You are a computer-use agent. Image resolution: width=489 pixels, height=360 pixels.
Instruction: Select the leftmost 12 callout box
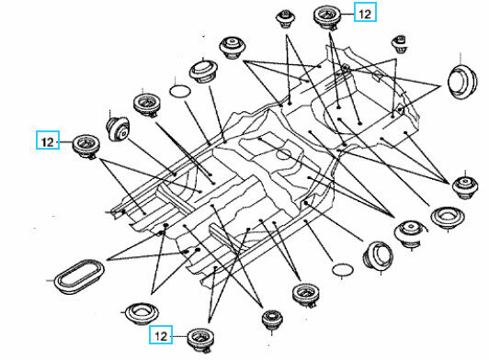click(x=48, y=140)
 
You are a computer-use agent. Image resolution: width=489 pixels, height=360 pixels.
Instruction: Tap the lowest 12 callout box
click(x=161, y=334)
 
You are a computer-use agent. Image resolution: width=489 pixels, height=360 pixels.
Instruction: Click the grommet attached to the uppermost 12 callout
click(x=327, y=17)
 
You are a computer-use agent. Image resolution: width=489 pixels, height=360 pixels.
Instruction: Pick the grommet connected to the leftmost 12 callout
click(x=86, y=147)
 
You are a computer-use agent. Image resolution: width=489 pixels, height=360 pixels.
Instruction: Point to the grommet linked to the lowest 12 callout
click(x=200, y=340)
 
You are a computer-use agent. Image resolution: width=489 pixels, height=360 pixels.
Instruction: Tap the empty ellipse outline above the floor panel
click(x=180, y=91)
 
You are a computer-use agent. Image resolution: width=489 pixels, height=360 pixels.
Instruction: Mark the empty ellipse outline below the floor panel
click(x=342, y=270)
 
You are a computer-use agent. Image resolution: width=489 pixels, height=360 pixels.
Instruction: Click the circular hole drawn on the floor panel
click(x=283, y=154)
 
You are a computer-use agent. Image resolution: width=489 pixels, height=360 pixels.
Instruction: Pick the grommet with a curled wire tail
click(x=409, y=233)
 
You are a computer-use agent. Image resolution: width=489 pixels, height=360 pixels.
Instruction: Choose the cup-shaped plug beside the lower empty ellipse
click(x=378, y=255)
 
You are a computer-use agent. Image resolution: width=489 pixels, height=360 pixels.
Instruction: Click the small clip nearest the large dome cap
click(x=400, y=45)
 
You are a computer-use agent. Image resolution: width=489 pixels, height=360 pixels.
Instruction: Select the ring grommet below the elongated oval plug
click(x=142, y=313)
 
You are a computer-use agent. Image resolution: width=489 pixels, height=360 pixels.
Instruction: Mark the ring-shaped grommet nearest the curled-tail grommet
click(x=448, y=218)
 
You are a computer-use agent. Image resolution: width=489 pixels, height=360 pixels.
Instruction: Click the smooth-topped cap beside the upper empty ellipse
click(x=203, y=72)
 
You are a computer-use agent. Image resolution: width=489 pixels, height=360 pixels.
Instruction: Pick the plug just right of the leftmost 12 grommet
click(x=118, y=129)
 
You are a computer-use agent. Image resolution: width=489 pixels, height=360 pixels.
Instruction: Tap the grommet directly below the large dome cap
click(x=465, y=186)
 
